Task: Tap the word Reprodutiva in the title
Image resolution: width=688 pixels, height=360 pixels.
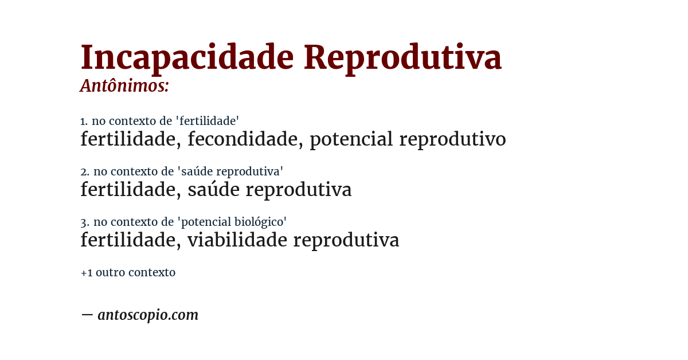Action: [402, 57]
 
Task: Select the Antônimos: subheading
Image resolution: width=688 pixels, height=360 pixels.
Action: [124, 86]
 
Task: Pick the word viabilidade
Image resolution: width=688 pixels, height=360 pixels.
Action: [237, 240]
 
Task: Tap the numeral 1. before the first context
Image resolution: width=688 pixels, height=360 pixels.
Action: [84, 121]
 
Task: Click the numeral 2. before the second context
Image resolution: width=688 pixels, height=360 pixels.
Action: [84, 171]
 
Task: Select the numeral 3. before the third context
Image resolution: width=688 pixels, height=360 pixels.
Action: [84, 222]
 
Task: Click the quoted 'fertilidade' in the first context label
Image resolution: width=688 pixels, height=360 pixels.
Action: [207, 121]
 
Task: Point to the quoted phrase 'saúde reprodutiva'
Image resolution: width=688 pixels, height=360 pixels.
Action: [230, 171]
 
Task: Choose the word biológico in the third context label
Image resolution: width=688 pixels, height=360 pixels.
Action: [263, 222]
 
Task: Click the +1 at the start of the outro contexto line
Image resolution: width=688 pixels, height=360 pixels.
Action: [86, 273]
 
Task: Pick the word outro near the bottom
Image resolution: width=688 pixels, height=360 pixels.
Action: [111, 273]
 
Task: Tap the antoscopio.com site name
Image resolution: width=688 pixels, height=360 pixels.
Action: [148, 315]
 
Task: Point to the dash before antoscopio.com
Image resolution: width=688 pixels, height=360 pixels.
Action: [87, 315]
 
